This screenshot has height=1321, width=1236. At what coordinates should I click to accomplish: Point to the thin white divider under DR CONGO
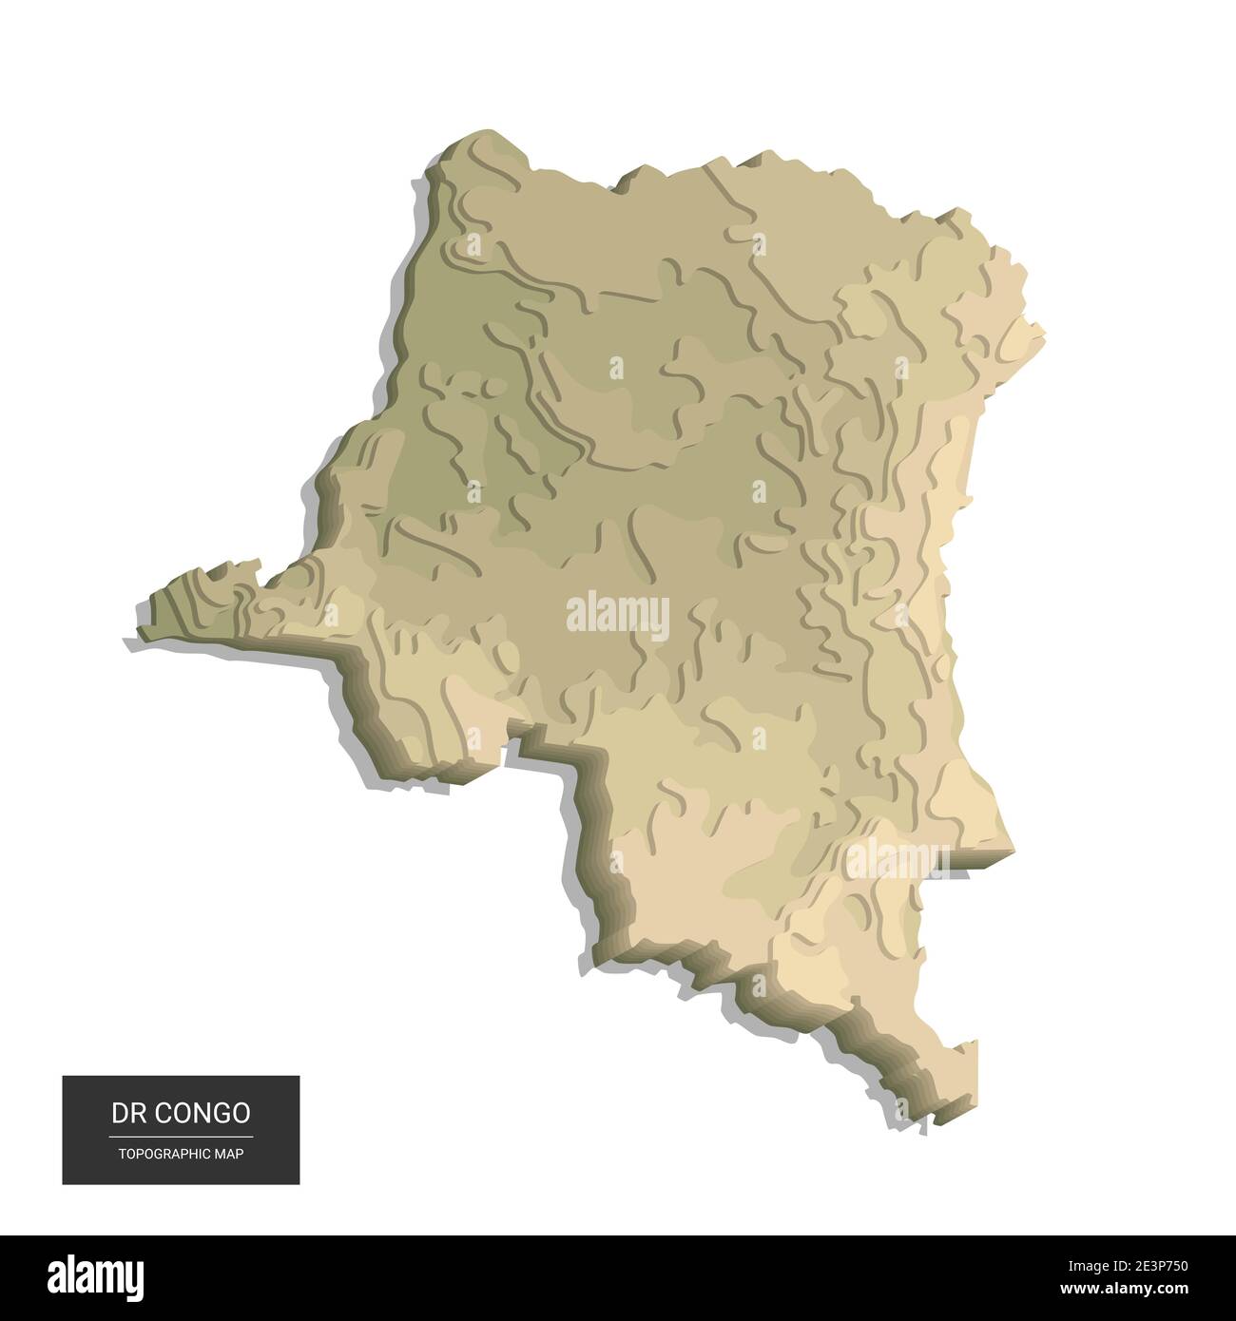coord(181,1136)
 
